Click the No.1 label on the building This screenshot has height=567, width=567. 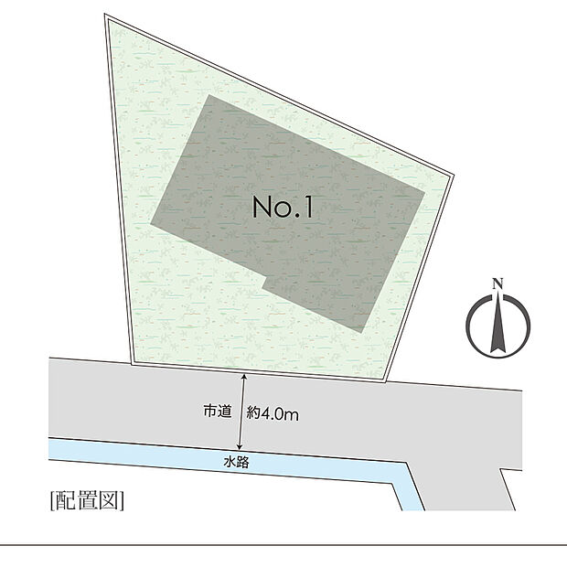click(x=283, y=208)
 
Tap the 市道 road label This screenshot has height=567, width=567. click(x=217, y=412)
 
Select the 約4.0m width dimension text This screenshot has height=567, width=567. click(x=273, y=413)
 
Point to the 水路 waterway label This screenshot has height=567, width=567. click(x=237, y=462)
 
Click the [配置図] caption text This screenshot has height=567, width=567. click(x=87, y=500)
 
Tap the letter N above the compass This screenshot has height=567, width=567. click(x=497, y=283)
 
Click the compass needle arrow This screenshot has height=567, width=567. click(x=497, y=322)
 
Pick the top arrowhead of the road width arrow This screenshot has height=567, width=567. click(x=244, y=376)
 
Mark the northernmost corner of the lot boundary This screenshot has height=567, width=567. click(x=105, y=14)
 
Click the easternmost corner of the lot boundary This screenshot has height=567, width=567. click(x=454, y=176)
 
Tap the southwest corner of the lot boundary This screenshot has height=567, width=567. click(x=132, y=365)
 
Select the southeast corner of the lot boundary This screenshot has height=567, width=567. click(x=387, y=381)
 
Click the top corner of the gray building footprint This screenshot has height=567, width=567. click(x=209, y=95)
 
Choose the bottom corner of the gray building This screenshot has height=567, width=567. click(x=361, y=333)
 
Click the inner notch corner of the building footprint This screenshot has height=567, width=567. click(x=267, y=277)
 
